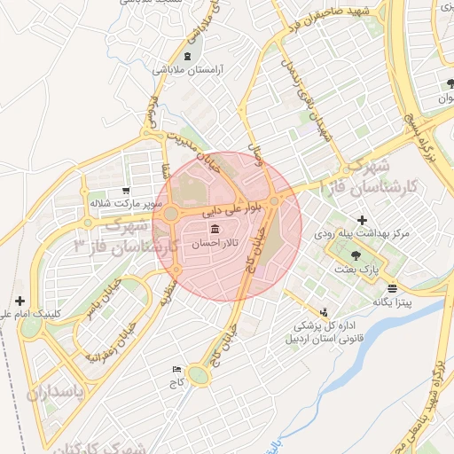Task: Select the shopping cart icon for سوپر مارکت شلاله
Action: pyautogui.click(x=126, y=190)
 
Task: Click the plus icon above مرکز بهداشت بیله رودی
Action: pyautogui.click(x=362, y=220)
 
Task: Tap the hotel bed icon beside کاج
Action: pyautogui.click(x=176, y=369)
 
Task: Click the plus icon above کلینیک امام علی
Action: pyautogui.click(x=20, y=301)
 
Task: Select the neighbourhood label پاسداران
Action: pyautogui.click(x=53, y=393)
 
